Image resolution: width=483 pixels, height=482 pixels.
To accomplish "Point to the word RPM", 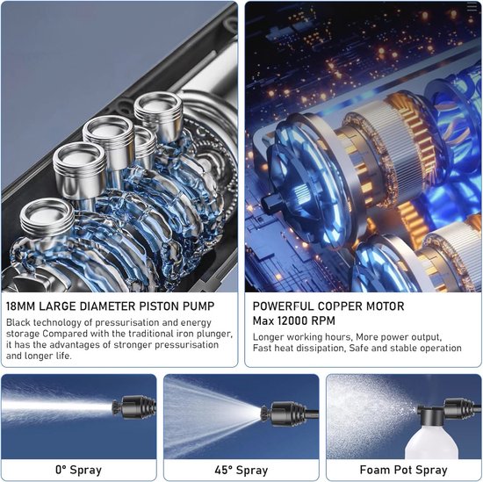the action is point(323,320).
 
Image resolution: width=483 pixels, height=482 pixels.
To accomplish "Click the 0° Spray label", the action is point(78,470).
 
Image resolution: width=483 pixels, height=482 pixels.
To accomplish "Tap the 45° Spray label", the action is point(241,470).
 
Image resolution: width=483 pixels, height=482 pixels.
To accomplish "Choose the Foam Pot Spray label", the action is point(404,470).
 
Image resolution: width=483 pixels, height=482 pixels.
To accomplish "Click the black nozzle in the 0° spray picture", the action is point(134,406).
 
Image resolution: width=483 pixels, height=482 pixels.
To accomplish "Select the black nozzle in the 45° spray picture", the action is point(285,414).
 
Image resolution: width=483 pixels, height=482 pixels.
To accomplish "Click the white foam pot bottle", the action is point(431,442).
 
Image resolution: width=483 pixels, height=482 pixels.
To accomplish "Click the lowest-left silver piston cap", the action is point(47,217).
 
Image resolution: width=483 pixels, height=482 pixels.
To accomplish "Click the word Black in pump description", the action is point(18,322).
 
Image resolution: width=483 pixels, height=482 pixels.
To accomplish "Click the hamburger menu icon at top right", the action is point(472,7).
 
